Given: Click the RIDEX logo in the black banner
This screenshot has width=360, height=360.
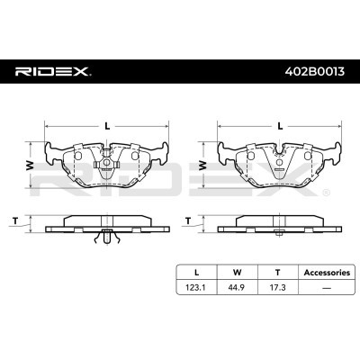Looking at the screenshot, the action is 53,72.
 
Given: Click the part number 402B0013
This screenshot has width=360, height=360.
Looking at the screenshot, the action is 315,72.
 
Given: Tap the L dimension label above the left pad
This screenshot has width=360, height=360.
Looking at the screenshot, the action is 107,126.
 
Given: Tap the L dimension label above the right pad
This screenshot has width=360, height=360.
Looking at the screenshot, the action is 280,126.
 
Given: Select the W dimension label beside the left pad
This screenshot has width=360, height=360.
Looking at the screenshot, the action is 30,166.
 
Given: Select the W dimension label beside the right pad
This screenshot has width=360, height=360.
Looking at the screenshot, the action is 202,166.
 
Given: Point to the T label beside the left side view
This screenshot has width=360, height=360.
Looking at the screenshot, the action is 15,221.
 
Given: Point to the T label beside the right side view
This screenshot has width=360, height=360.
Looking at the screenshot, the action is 188,221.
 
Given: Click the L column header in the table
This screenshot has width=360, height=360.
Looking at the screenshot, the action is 196,273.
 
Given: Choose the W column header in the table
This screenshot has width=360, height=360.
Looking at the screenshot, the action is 238,273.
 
